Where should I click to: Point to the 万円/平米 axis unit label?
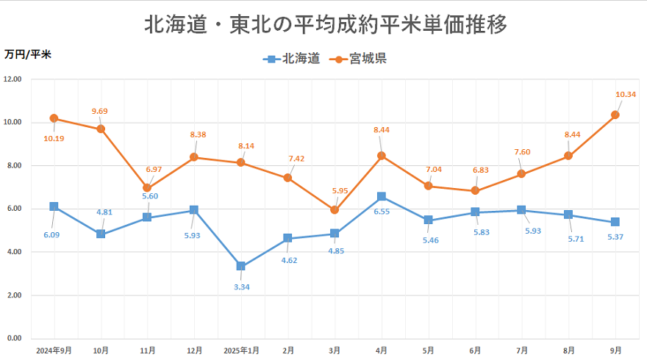[x=28, y=54]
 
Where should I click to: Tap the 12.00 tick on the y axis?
[x=12, y=79]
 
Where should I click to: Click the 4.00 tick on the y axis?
[x=12, y=252]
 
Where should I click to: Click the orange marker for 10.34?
[x=615, y=115]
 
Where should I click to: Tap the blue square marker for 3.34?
[x=240, y=266]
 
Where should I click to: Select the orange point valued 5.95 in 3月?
[x=335, y=210]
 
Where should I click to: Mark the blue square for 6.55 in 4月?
[x=381, y=196]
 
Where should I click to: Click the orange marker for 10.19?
[x=54, y=118]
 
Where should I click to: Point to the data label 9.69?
[x=99, y=111]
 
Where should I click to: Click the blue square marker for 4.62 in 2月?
[x=287, y=238]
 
